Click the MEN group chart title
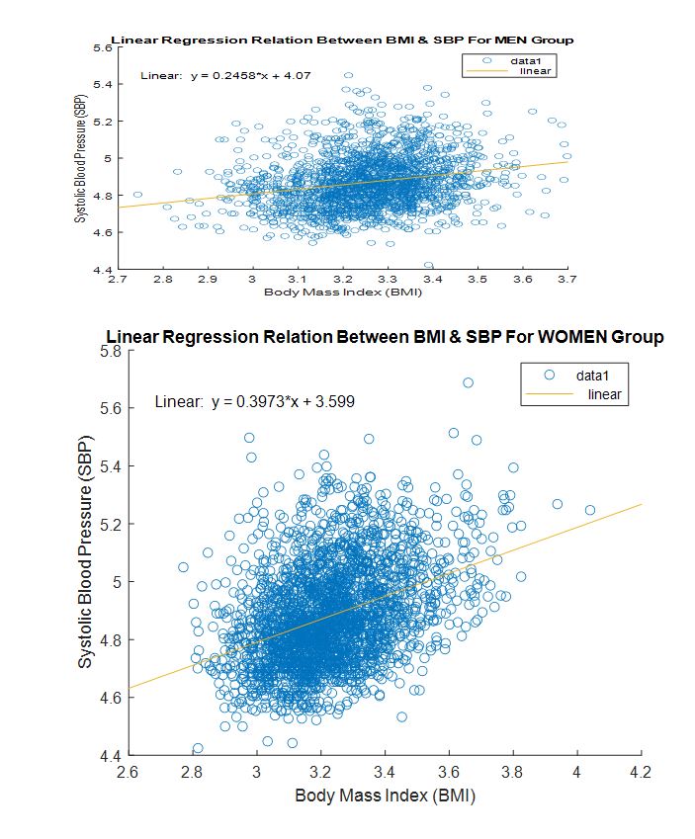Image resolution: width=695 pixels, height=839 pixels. pos(342,40)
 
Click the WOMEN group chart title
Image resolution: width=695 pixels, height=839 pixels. pos(385,337)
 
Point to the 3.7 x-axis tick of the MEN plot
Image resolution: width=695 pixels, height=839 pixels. pos(567,281)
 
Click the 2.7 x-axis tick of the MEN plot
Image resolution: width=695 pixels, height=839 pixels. pos(118,281)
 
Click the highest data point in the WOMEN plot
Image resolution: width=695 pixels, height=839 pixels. pos(468,382)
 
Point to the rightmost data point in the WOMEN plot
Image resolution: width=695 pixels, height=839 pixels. pos(590,510)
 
